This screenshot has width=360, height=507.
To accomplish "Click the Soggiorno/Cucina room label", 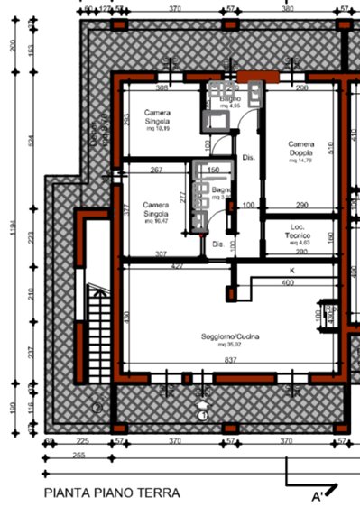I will (x=230, y=336).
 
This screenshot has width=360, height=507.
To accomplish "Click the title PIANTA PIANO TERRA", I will (x=112, y=493).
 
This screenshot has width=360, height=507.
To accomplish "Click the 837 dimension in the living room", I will (x=230, y=359).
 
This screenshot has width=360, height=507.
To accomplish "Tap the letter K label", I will (x=292, y=271).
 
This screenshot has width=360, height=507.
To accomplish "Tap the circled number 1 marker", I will (x=203, y=414).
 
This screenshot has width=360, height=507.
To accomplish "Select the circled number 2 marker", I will (x=97, y=407).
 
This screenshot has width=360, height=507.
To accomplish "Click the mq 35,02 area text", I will (x=230, y=344).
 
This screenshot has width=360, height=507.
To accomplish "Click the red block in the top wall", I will (x=250, y=77).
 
